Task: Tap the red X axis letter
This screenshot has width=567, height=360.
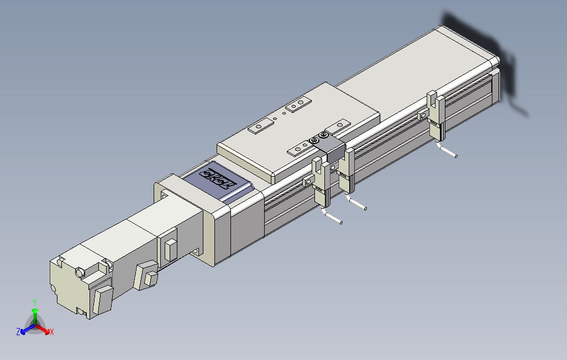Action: [52, 332]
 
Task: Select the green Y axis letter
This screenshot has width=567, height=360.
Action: [34, 302]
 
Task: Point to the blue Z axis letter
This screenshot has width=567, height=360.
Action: [18, 331]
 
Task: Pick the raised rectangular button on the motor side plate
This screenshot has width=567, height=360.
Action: [170, 249]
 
